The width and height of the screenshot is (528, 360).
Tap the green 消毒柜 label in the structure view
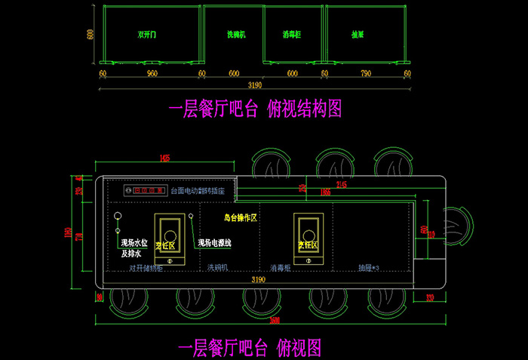[x=293, y=35]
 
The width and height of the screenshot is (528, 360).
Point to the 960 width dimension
[x=152, y=74]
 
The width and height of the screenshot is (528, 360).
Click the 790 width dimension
[x=365, y=74]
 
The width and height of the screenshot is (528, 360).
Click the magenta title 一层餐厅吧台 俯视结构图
[x=255, y=109]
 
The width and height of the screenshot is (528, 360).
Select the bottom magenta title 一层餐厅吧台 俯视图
[x=250, y=348]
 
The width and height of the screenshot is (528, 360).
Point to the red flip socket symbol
[x=146, y=190]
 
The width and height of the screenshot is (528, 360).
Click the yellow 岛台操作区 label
[x=241, y=217]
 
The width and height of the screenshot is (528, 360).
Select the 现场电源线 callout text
[x=215, y=243]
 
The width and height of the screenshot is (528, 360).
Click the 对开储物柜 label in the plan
[x=145, y=268]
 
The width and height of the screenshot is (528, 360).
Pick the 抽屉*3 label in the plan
[x=370, y=268]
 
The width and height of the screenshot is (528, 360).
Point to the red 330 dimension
[x=430, y=298]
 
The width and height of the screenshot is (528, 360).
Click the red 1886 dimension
[x=324, y=193]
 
